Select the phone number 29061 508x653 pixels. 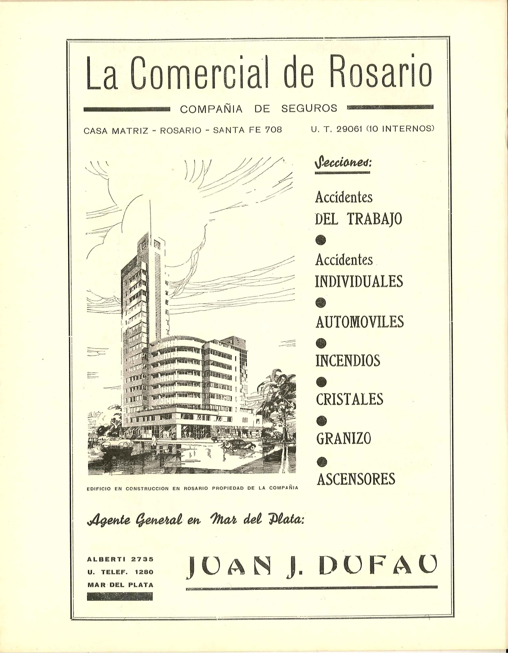pos(350,129)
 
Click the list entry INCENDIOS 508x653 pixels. pos(348,361)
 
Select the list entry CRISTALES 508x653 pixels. pos(349,399)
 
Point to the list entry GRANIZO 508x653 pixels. pos(344,438)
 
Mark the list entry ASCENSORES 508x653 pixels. pos(356,479)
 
